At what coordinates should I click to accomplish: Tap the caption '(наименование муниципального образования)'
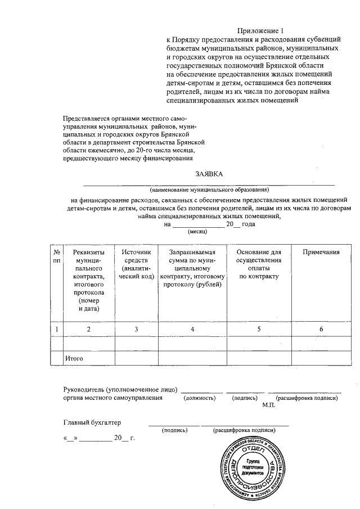pos(209,189)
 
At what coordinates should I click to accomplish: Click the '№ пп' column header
pos(56,256)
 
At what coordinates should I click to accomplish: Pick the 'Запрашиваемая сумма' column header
pos(192,269)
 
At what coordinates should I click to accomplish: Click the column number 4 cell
pos(192,328)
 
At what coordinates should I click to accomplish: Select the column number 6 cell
pos(321,328)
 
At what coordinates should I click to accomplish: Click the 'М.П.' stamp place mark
pos(268,405)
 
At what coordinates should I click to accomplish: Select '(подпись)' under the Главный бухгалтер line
pos(174,430)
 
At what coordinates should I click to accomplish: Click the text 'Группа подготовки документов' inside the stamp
pos(251,467)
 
